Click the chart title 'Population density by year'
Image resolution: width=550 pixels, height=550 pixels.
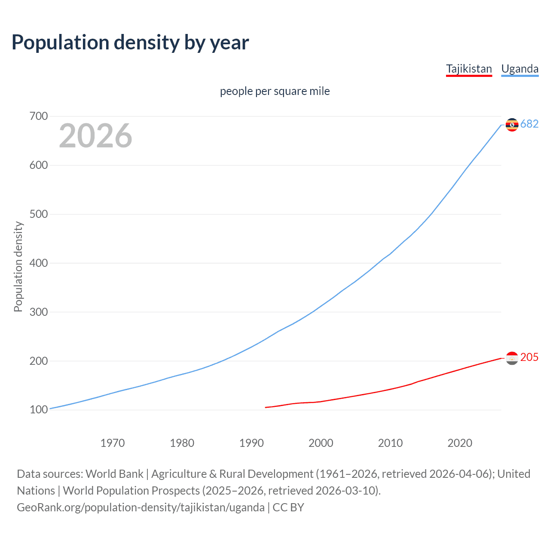[130, 43]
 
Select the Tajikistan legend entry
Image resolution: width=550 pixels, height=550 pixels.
[469, 69]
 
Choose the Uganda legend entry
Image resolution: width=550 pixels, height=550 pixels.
[519, 69]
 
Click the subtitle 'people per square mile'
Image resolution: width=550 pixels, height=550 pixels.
[275, 91]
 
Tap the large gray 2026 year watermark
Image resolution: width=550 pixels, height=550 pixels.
[95, 136]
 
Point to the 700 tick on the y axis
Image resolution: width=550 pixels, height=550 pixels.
[39, 116]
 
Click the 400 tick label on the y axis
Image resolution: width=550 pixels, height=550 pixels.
[39, 263]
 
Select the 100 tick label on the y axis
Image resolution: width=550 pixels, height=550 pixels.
[39, 410]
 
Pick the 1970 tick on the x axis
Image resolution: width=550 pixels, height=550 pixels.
[113, 443]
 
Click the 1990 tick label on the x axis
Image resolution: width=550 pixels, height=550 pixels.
[251, 443]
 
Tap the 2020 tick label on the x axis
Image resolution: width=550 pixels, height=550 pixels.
[460, 443]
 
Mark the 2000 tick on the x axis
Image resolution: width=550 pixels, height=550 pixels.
[321, 443]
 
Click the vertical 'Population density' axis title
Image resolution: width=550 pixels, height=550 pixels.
[18, 266]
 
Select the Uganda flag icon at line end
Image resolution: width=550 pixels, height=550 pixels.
[512, 125]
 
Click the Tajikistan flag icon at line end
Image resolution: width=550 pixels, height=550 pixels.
[512, 358]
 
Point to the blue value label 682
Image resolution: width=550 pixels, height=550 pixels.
[529, 124]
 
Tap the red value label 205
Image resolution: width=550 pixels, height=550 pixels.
[529, 357]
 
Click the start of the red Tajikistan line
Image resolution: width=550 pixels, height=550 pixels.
[266, 407]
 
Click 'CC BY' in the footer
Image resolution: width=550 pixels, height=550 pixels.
[288, 507]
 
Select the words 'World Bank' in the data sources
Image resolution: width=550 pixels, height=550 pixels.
[114, 474]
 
